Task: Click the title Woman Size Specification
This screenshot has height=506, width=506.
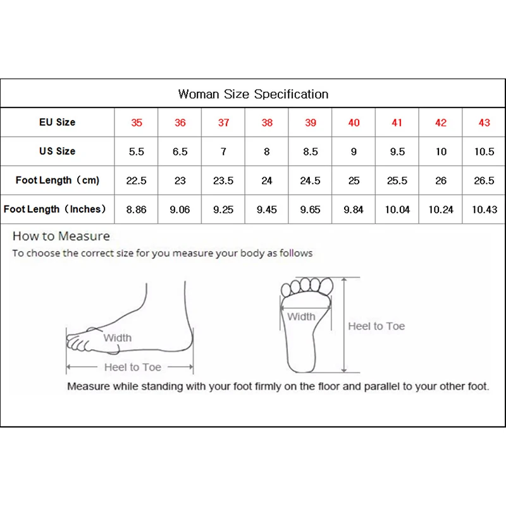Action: click(x=253, y=94)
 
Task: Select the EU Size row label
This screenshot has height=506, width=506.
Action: click(x=57, y=122)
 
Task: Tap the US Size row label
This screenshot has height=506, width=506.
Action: click(x=57, y=151)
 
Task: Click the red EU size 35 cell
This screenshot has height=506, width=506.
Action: click(x=137, y=123)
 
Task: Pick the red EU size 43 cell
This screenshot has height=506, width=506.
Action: click(x=484, y=123)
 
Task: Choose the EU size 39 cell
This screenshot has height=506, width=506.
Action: click(x=310, y=123)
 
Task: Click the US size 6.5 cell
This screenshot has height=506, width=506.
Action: click(x=180, y=152)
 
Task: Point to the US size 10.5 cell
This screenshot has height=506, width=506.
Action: click(x=484, y=152)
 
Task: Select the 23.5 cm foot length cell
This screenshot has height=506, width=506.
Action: click(x=223, y=181)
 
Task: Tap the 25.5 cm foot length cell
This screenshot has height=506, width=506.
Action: click(x=397, y=181)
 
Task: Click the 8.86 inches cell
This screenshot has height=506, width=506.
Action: click(x=137, y=210)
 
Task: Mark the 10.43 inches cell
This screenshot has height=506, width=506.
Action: click(x=484, y=210)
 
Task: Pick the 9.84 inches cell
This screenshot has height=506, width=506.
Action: click(x=354, y=210)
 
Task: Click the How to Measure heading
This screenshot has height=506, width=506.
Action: click(x=61, y=237)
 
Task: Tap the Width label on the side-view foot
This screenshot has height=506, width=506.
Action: click(x=118, y=338)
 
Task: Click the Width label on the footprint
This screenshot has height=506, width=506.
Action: click(x=301, y=316)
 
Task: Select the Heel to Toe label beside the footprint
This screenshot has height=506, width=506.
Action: click(x=376, y=326)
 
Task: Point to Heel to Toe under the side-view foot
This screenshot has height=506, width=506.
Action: click(x=132, y=367)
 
